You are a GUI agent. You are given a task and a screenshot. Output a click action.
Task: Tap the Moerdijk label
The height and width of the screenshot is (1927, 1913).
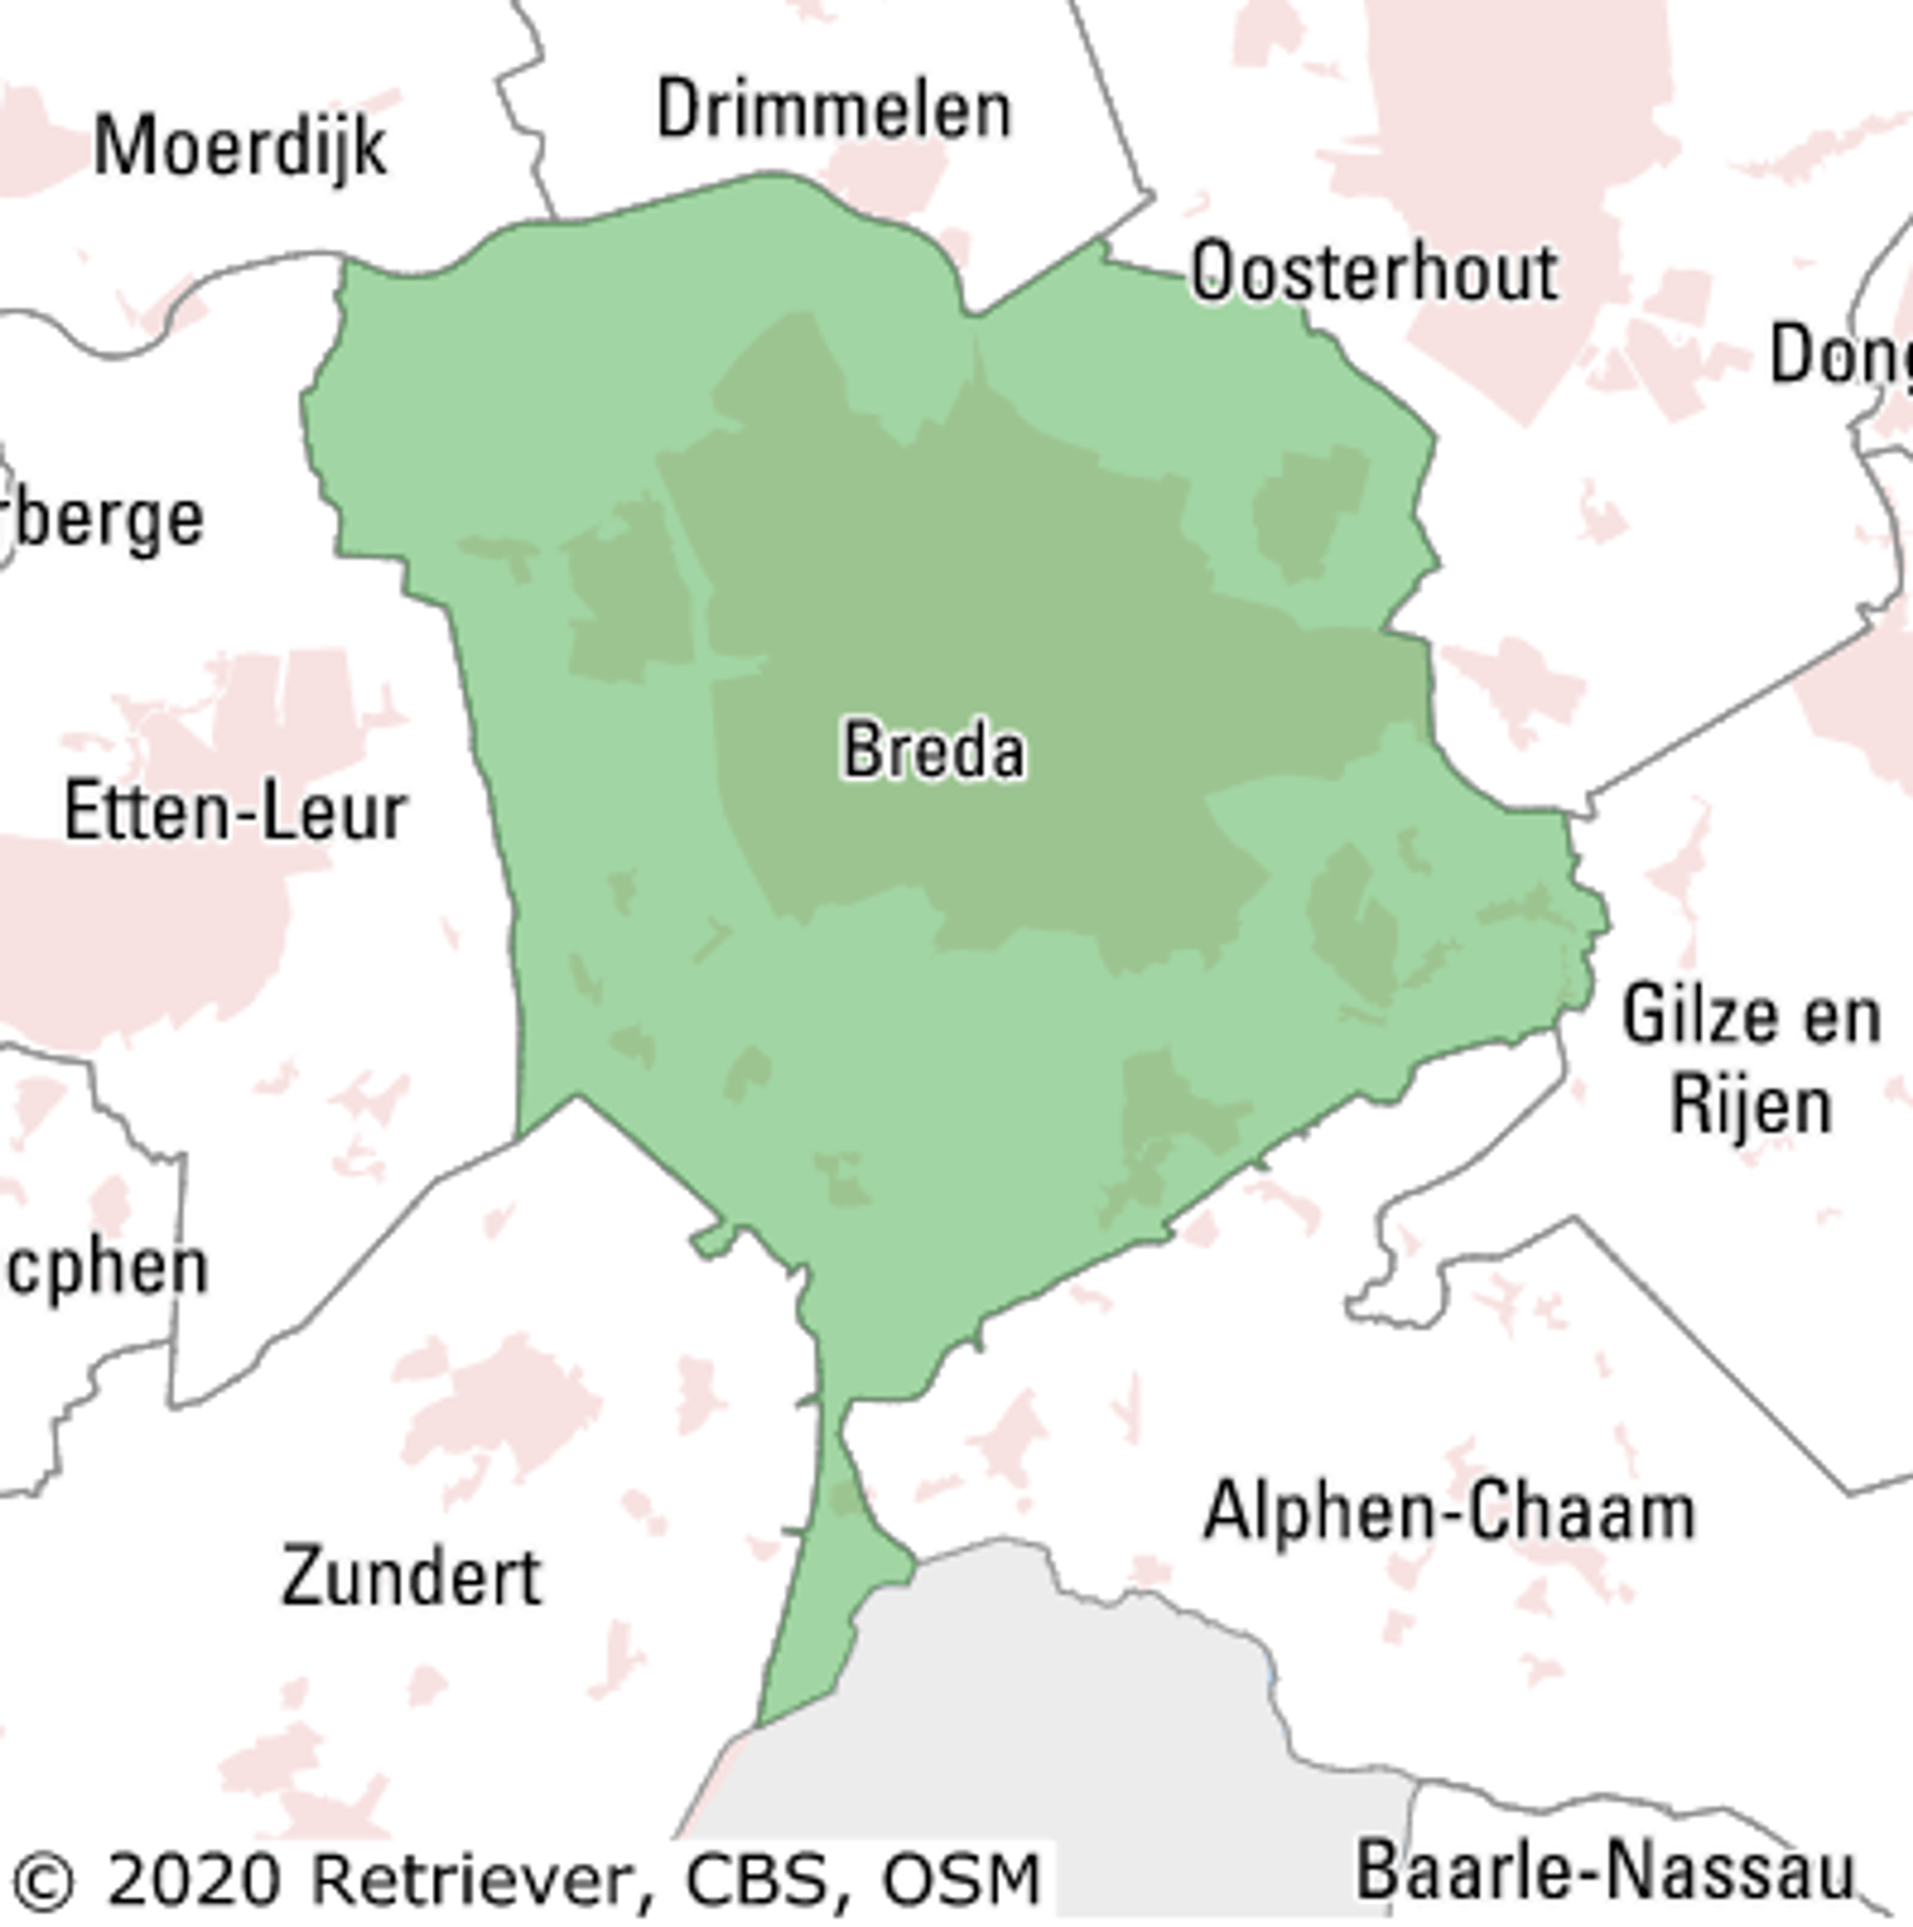point(240,146)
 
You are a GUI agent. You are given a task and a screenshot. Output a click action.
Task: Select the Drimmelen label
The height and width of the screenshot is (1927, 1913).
point(834,111)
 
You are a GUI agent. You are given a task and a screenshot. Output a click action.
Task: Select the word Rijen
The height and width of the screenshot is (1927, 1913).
point(1752,1105)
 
